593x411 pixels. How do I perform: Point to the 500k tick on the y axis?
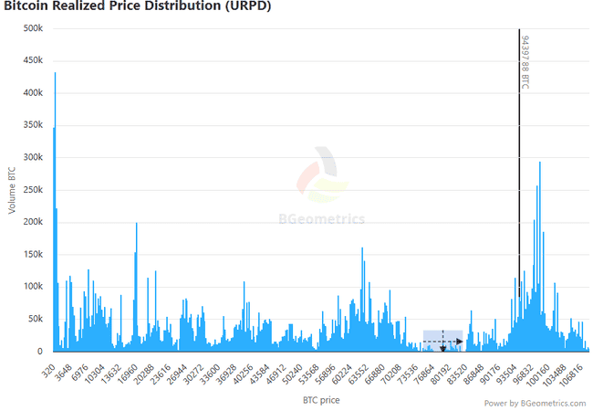pyautogui.click(x=33, y=28)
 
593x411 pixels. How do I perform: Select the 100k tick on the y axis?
pyautogui.click(x=33, y=287)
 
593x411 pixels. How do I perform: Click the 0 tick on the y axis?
pyautogui.click(x=39, y=351)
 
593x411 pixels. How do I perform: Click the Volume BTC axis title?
pyautogui.click(x=12, y=190)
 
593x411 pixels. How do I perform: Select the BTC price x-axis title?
pyautogui.click(x=321, y=400)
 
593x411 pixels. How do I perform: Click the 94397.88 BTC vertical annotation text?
pyautogui.click(x=525, y=62)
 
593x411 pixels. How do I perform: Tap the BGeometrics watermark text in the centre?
pyautogui.click(x=321, y=219)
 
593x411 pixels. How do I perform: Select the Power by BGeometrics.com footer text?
pyautogui.click(x=534, y=402)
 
